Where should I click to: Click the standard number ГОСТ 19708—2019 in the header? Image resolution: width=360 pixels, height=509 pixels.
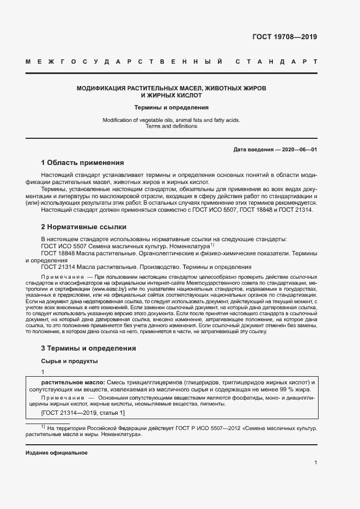click(284, 37)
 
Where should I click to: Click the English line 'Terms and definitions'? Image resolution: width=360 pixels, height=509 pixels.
click(171, 126)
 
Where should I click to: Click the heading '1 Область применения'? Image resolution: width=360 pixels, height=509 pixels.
click(82, 162)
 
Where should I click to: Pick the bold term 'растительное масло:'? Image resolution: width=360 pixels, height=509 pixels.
click(74, 383)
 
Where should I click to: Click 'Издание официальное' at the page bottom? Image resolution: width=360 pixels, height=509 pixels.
click(56, 452)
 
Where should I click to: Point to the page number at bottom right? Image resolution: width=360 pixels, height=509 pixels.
click(315, 462)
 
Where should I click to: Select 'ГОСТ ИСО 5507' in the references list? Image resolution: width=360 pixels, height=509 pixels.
click(62, 246)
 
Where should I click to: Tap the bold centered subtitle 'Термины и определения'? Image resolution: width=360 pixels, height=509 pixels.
click(171, 107)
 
